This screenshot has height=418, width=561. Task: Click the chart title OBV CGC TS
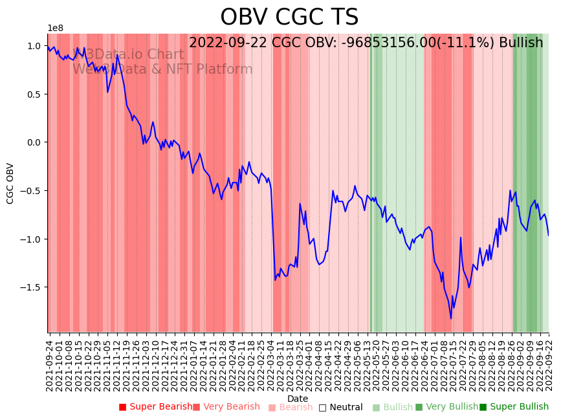pyautogui.click(x=289, y=17)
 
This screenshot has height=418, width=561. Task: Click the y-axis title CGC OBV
pyautogui.click(x=10, y=183)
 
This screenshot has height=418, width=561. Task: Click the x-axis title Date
pyautogui.click(x=298, y=399)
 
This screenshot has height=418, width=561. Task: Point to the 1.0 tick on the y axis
pyautogui.click(x=33, y=46)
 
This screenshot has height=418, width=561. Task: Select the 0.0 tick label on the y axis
pyautogui.click(x=33, y=142)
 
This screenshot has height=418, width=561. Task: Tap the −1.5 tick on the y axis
pyautogui.click(x=31, y=287)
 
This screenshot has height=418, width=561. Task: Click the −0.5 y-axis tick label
pyautogui.click(x=31, y=191)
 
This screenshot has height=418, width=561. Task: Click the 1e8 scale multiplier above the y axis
pyautogui.click(x=55, y=28)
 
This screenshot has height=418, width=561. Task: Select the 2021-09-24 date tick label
pyautogui.click(x=50, y=362)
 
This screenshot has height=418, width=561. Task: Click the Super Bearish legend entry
pyautogui.click(x=155, y=407)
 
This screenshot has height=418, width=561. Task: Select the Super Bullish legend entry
pyautogui.click(x=514, y=407)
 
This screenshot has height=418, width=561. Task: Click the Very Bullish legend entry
pyautogui.click(x=446, y=407)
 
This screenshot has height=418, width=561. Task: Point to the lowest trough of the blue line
pyautogui.click(x=451, y=318)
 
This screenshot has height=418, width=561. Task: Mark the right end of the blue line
pyautogui.click(x=549, y=236)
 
